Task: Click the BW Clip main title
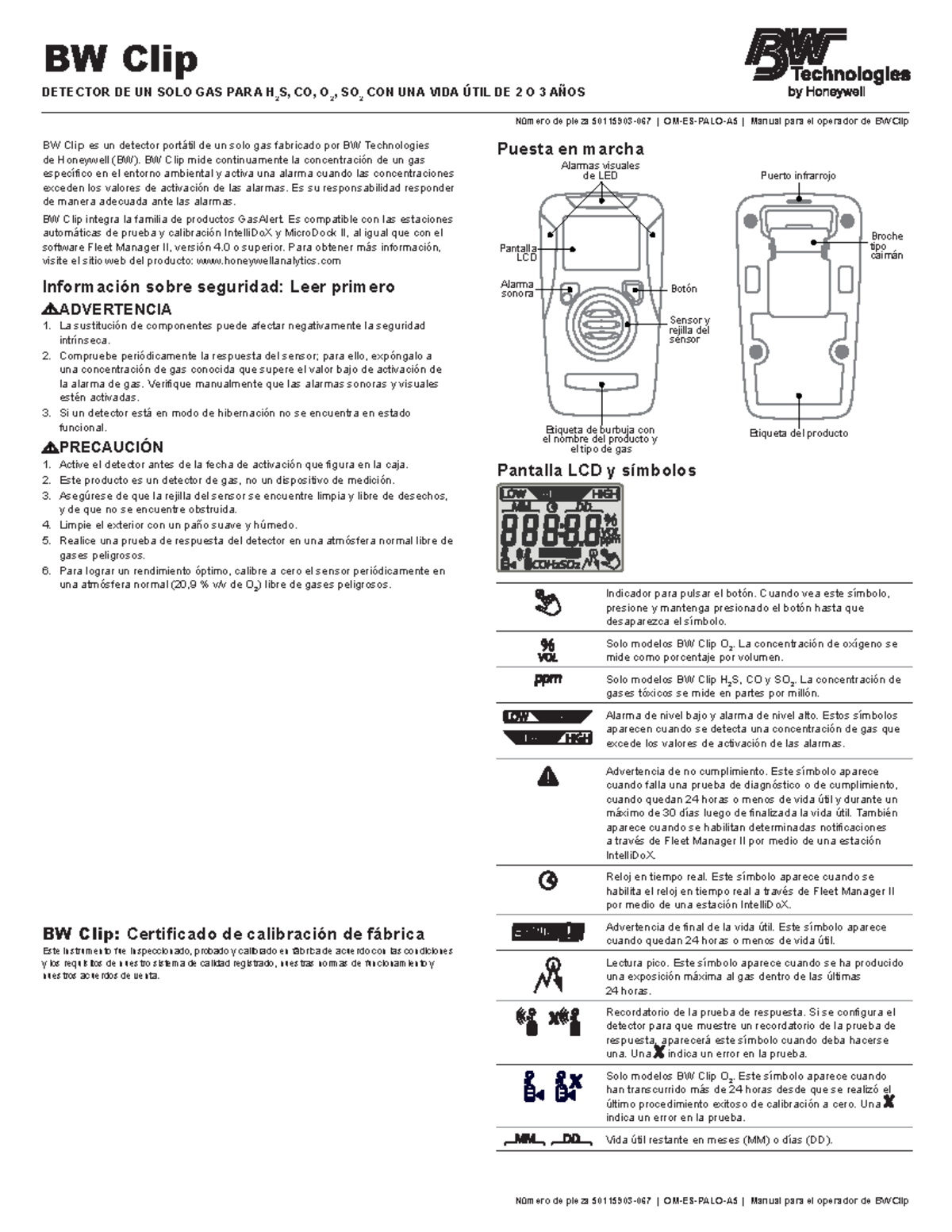point(120,59)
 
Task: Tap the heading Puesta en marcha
point(570,149)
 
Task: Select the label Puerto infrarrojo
point(797,176)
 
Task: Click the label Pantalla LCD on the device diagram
point(518,253)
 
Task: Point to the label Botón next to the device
point(684,290)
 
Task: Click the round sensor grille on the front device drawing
point(601,324)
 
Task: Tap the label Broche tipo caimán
point(886,246)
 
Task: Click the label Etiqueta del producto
point(798,433)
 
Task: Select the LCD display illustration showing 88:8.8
point(560,528)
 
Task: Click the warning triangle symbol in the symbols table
point(547,777)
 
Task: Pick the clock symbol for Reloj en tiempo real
point(547,880)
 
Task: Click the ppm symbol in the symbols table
point(547,680)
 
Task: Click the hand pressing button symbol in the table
point(547,603)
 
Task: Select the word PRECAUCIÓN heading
point(111,447)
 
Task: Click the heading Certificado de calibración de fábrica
point(275,934)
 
